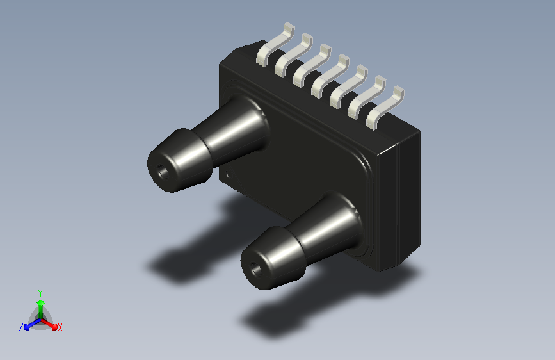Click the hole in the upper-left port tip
[163, 172]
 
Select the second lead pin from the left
[294, 54]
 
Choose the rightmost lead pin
[385, 107]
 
